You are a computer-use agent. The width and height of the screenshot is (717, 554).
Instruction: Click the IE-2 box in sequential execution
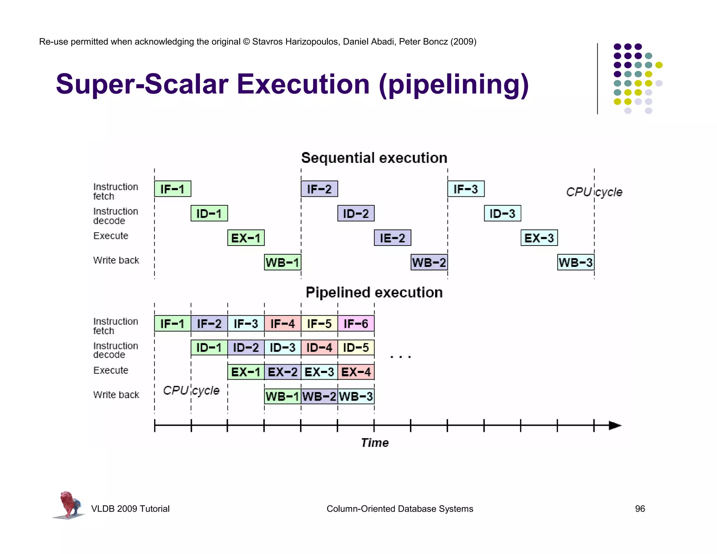(392, 238)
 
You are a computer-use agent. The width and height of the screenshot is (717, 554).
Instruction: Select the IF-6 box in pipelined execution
(356, 323)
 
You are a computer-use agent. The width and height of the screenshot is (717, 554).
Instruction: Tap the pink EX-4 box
(356, 372)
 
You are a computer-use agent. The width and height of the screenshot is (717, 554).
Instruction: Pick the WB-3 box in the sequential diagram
(575, 262)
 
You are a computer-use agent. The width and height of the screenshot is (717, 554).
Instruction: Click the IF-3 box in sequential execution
(466, 189)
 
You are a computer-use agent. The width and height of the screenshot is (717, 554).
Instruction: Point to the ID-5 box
(356, 347)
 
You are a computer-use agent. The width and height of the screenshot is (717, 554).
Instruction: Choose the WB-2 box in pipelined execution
(319, 396)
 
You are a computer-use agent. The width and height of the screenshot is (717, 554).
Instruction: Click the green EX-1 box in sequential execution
(246, 238)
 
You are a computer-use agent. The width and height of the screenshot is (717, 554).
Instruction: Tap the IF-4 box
(282, 323)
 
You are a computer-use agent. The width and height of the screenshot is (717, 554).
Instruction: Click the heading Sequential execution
(374, 158)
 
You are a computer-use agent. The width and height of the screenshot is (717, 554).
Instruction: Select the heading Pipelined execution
(374, 292)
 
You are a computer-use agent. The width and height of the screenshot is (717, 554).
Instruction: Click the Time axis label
(375, 443)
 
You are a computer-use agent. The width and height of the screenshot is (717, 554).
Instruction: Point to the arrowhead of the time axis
(615, 425)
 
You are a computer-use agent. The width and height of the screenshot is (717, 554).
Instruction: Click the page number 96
(640, 508)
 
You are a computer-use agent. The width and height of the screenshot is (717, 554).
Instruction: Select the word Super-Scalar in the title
(142, 84)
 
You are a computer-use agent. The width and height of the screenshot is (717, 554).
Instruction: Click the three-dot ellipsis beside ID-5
(400, 357)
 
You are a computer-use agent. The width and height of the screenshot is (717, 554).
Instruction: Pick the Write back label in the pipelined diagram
(116, 395)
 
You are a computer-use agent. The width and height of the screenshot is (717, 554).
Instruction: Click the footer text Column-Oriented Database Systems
(399, 508)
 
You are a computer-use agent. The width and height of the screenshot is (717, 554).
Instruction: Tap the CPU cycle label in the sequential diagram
(594, 192)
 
